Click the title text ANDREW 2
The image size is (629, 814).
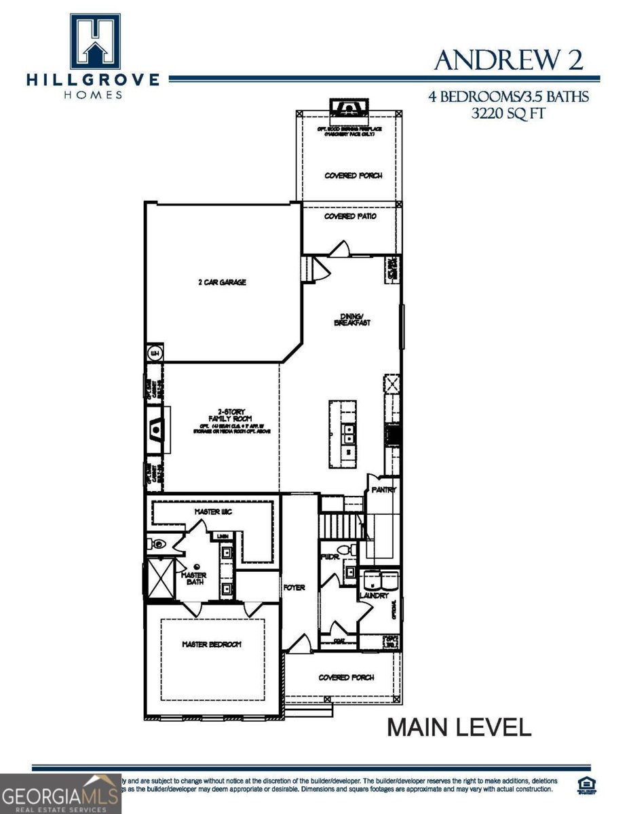coord(508,60)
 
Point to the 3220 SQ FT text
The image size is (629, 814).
coord(508,113)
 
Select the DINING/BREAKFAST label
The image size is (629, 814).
coord(351,319)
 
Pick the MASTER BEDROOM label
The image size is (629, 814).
coord(211,644)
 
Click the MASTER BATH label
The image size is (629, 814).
coord(194,580)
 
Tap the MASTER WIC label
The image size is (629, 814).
coord(213,511)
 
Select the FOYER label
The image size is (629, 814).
coord(294,587)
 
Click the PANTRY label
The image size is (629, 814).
coord(383,490)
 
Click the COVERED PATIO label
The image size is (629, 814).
coord(349,216)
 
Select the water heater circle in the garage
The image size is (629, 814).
coord(154,353)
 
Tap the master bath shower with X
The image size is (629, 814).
coord(161,578)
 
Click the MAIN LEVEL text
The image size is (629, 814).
coord(459,728)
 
